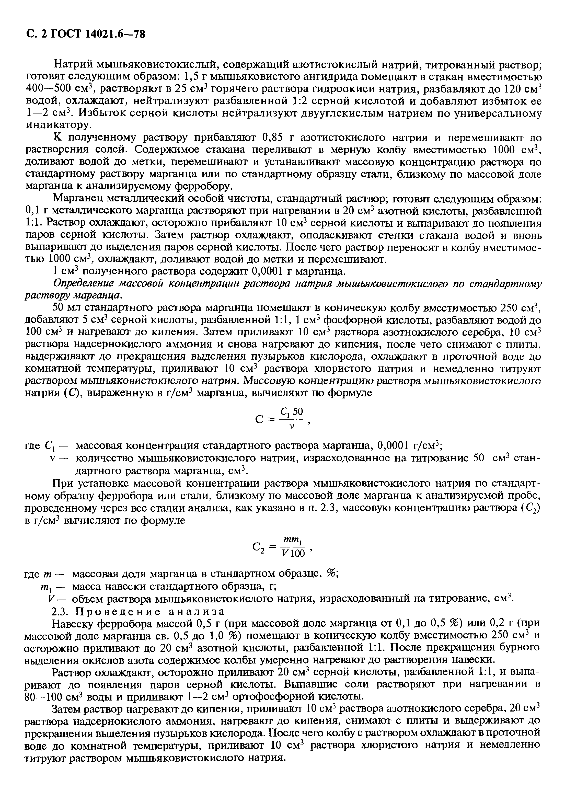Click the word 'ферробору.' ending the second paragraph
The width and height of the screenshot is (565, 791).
click(202, 186)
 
